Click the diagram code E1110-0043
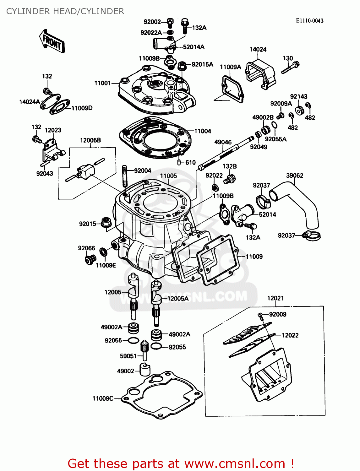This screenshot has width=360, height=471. pos(309,21)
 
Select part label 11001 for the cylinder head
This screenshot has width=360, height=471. pos(102,83)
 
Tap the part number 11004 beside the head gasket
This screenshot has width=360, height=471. pos(203,131)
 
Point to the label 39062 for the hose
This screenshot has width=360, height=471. pos(295,176)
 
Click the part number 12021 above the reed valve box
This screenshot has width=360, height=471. pos(275,298)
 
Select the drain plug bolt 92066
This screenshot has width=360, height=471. pos(90,259)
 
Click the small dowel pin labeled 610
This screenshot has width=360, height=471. pos(179,162)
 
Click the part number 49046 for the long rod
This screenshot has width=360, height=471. pos(223,142)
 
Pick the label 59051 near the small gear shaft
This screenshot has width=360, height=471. pos(128,356)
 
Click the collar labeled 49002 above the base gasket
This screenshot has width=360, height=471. pos(145,370)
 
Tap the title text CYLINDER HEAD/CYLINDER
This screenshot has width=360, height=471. pos(65,11)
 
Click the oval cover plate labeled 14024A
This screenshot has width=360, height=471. pos(50,101)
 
